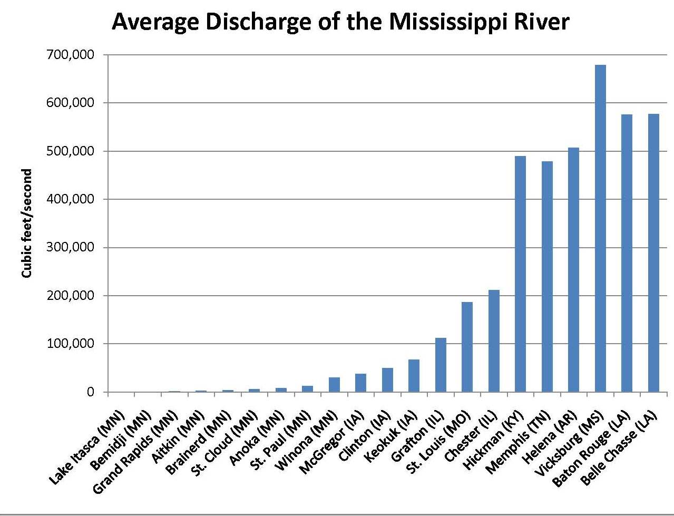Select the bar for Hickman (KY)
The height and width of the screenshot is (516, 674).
(520, 274)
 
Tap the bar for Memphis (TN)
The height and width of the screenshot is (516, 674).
(547, 277)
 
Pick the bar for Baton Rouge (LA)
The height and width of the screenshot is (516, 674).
(627, 253)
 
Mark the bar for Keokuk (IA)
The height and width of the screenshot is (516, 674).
(414, 376)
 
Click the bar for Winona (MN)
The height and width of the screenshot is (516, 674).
(334, 385)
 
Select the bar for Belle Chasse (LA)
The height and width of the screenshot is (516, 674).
(653, 253)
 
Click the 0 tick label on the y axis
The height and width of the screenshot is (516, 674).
(91, 392)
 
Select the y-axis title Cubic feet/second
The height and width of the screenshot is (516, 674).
(27, 223)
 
